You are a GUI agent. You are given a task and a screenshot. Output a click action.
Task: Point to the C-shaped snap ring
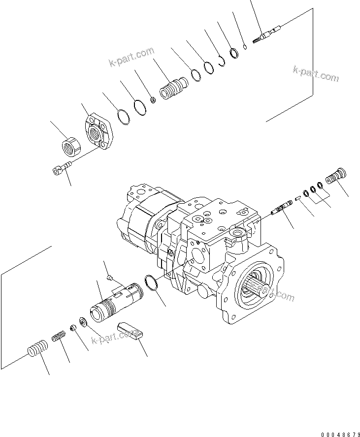[222, 62]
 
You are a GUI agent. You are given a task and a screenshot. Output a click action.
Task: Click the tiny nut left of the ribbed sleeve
[153, 100]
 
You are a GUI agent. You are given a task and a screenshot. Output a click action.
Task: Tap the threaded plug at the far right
[337, 176]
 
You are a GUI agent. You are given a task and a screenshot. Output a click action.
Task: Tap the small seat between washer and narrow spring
[72, 328]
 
